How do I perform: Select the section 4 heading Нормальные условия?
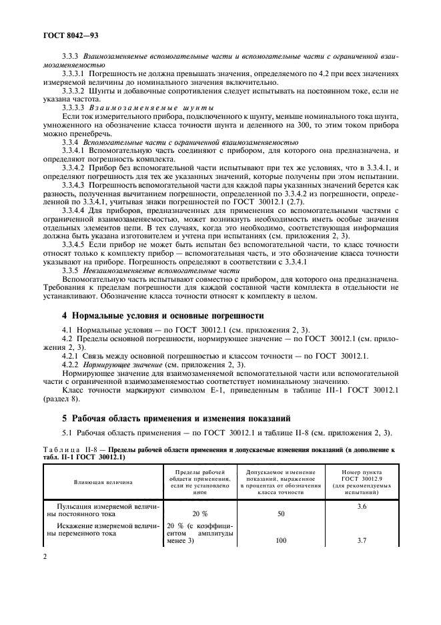[x=163, y=315]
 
